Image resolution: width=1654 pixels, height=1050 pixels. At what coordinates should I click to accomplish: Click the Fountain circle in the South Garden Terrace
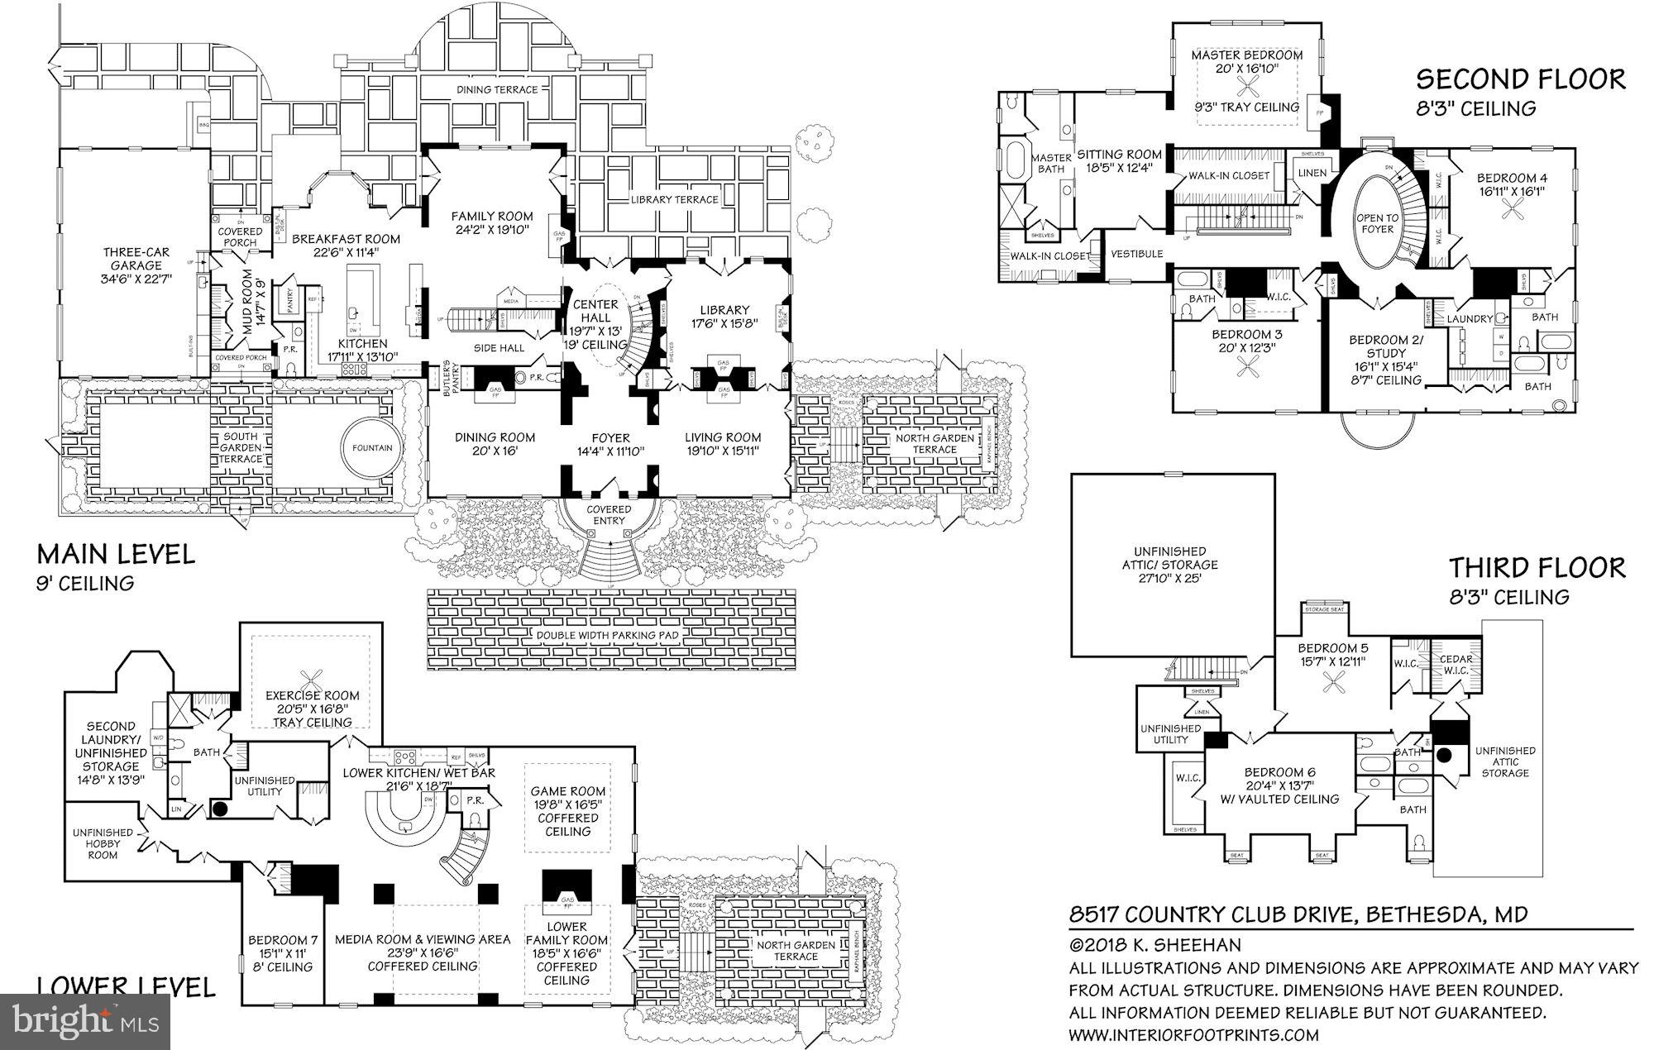(x=371, y=447)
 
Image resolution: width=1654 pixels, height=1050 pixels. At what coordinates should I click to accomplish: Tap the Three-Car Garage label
(x=132, y=265)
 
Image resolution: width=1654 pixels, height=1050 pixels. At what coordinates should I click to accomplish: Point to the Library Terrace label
(x=674, y=199)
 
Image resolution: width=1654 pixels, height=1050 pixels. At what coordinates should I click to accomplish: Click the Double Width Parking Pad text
(x=607, y=635)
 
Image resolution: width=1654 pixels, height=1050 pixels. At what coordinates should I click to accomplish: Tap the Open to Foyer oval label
(x=1376, y=223)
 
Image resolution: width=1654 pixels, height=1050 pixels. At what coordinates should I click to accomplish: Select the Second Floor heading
(x=1520, y=80)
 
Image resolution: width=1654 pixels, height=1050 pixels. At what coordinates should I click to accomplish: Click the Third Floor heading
(x=1536, y=568)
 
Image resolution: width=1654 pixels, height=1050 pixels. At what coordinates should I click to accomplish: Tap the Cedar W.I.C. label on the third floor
(x=1456, y=664)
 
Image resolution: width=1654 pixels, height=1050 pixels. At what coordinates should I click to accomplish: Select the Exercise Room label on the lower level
(x=312, y=695)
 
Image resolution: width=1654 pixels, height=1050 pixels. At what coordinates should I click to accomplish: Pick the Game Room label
(x=567, y=791)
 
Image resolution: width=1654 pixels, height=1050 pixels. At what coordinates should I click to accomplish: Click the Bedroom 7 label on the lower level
(x=282, y=939)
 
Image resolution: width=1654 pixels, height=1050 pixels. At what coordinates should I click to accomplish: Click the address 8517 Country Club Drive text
(x=1298, y=914)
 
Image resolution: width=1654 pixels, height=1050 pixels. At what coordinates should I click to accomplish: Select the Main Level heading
(x=116, y=554)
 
